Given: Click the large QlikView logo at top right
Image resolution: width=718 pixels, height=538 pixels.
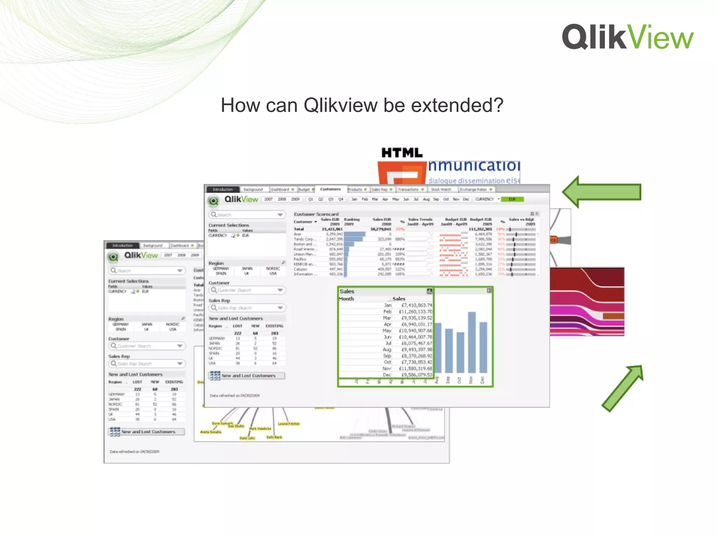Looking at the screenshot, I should point(627,37).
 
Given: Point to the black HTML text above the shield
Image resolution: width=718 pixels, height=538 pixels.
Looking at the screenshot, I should point(402,153).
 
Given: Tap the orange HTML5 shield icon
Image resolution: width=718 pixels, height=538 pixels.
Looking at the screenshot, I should point(402,173).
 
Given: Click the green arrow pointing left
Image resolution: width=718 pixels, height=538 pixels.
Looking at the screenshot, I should point(602,192).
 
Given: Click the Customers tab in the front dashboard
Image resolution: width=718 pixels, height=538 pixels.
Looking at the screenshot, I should point(330,189).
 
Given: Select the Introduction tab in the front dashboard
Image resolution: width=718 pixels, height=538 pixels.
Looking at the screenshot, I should point(223,189).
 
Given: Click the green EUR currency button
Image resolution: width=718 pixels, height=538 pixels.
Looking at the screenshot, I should point(512,199).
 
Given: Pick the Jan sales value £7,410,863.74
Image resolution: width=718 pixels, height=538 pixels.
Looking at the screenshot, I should point(416,305).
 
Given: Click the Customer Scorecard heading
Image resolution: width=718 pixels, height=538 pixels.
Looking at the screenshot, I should point(316,214).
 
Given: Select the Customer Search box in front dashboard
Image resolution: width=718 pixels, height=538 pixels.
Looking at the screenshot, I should point(247,290).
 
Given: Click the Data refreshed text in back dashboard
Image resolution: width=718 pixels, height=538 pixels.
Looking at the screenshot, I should point(134,452).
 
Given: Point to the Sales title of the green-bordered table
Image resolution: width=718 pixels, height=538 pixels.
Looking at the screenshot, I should point(347,291).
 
